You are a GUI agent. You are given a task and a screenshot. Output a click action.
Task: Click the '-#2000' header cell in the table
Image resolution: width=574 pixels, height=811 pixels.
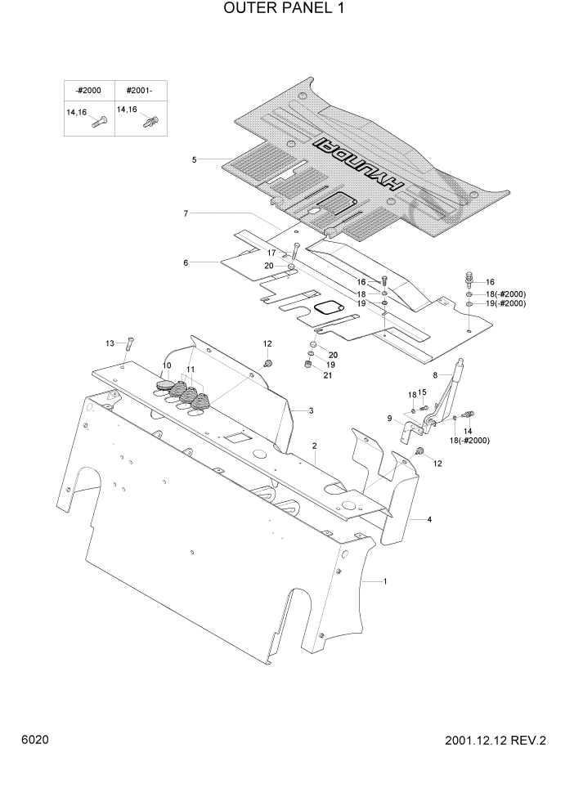[87, 90]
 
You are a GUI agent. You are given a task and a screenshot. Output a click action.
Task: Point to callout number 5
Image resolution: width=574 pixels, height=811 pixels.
[194, 159]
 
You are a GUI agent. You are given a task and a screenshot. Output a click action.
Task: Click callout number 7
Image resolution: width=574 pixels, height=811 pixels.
[186, 213]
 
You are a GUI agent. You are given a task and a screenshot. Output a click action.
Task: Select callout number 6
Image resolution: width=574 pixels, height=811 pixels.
[186, 262]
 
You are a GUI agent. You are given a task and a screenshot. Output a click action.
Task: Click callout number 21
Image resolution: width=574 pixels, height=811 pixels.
[328, 375]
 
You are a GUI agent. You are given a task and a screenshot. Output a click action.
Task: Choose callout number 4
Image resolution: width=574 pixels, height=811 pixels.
[429, 519]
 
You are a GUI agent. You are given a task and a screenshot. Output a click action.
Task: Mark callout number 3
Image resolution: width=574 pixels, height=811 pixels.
[311, 410]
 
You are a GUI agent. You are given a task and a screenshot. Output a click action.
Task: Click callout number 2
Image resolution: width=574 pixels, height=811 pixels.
[314, 446]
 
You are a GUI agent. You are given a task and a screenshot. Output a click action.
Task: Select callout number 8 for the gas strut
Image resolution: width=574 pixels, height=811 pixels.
[435, 374]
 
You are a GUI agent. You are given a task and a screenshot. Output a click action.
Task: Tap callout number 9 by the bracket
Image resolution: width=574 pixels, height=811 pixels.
[389, 419]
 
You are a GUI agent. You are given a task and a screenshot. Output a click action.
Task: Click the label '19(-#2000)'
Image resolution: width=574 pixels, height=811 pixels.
[505, 303]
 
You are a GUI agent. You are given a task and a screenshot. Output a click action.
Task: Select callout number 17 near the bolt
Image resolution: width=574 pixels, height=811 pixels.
[270, 253]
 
